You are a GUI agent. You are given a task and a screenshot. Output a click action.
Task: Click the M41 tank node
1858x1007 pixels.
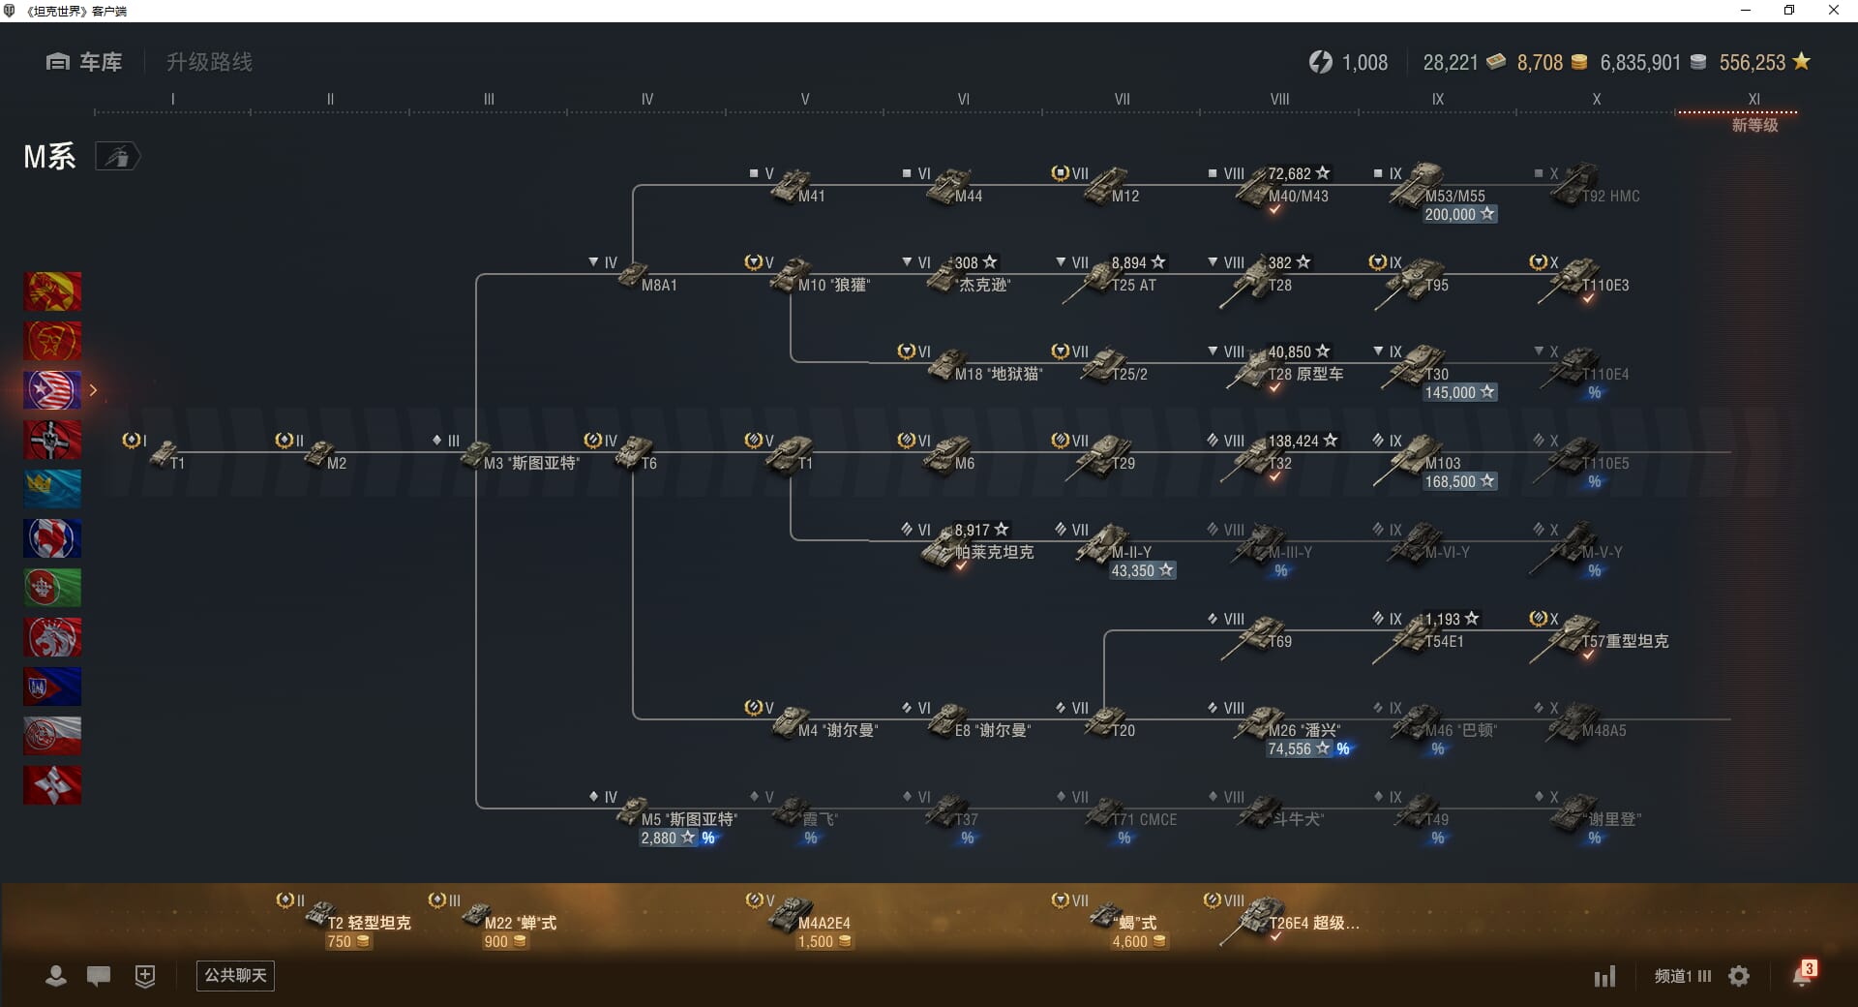793,186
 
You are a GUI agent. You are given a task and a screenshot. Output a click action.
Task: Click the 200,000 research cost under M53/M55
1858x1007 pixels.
1458,215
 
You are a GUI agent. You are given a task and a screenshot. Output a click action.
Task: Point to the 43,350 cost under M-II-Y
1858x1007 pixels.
1141,571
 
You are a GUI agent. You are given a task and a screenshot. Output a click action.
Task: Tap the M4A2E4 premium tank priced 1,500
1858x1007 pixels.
793,914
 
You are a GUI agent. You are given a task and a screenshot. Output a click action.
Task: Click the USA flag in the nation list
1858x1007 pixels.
52,390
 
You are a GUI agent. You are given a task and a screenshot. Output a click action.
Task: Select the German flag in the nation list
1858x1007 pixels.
52,440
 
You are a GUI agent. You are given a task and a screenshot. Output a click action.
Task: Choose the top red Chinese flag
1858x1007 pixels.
52,291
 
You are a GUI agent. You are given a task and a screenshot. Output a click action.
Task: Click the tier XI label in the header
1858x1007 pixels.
1753,100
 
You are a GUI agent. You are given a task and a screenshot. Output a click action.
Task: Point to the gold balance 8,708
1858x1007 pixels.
1540,63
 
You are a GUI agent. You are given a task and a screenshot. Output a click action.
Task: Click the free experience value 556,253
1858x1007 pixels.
1752,63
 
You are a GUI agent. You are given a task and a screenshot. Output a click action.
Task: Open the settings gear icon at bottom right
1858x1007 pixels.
1739,976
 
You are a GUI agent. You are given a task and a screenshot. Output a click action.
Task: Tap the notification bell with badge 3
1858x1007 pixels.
1802,975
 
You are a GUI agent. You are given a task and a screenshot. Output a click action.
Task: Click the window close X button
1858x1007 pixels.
1833,11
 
